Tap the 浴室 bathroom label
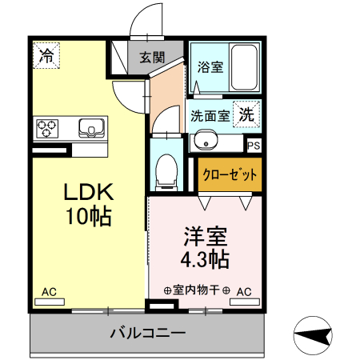pos(211,66)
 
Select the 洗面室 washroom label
pos(210,115)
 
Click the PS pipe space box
pos(254,146)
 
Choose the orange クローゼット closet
pos(230,174)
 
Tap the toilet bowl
pos(166,169)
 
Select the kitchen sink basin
pos(90,126)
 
